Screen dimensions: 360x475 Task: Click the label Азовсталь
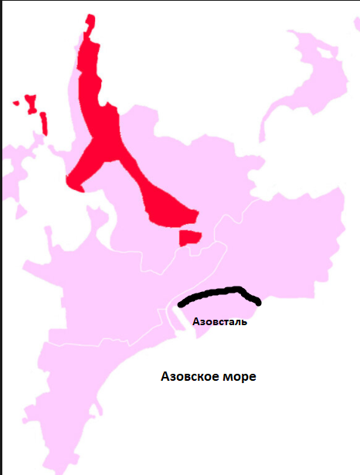click(x=219, y=321)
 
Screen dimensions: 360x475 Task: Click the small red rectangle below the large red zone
click(x=189, y=238)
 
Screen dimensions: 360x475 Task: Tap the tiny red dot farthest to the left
click(x=15, y=103)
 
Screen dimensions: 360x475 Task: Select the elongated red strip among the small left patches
click(x=44, y=123)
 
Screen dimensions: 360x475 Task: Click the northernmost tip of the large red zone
click(x=91, y=17)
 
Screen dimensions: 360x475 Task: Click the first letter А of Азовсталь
click(x=195, y=321)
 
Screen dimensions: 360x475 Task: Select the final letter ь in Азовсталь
click(x=244, y=321)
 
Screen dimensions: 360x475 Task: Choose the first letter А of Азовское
click(x=165, y=378)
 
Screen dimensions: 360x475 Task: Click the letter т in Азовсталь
click(x=226, y=321)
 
